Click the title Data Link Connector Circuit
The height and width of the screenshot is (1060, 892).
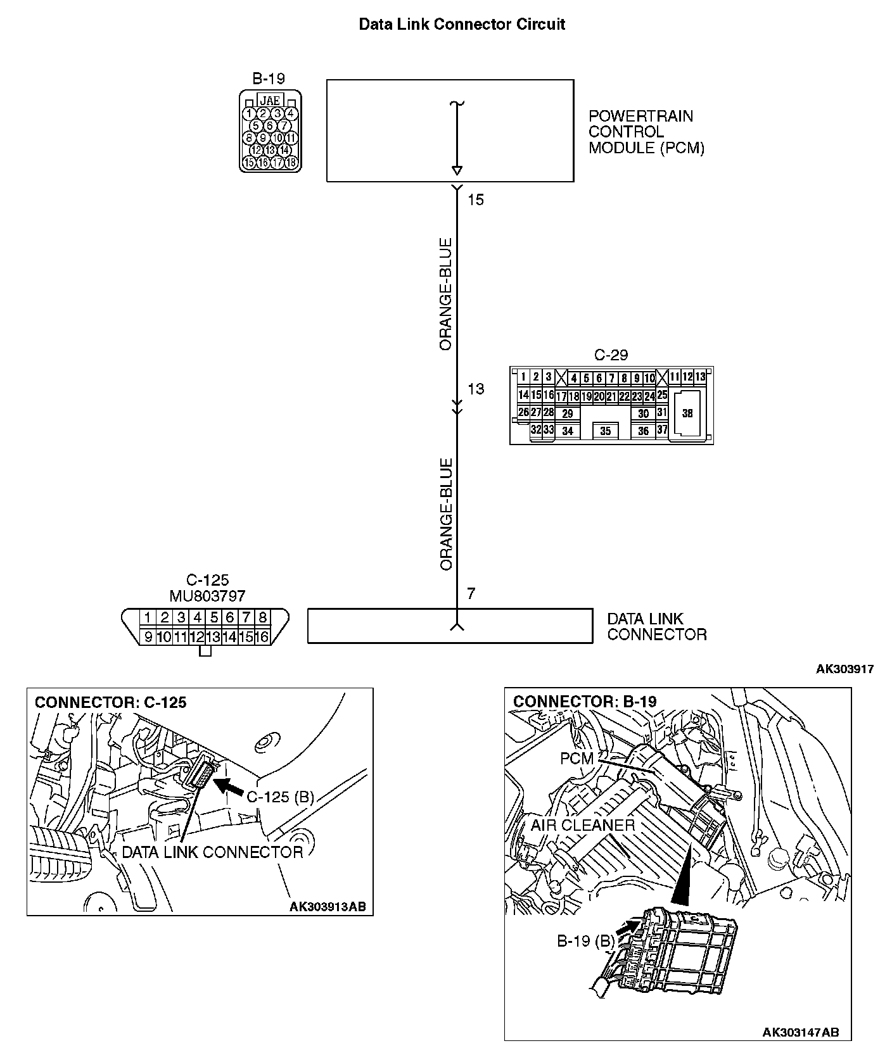[x=462, y=25]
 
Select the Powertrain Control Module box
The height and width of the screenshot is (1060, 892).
[x=450, y=130]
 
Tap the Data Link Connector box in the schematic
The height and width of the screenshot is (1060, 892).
[x=450, y=626]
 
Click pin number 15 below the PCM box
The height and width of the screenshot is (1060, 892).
[x=475, y=200]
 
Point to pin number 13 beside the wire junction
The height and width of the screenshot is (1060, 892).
[x=475, y=389]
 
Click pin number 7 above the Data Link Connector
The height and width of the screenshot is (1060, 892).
[x=471, y=594]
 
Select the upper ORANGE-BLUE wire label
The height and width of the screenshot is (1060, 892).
[x=446, y=294]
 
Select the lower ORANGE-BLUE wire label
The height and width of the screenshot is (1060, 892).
[x=446, y=514]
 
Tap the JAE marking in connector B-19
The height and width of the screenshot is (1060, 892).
[x=271, y=101]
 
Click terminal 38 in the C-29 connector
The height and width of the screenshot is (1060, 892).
[x=687, y=413]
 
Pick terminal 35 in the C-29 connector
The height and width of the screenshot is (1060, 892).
[x=605, y=431]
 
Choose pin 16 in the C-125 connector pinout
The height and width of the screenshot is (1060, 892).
[x=261, y=637]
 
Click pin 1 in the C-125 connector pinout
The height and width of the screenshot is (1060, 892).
[x=147, y=617]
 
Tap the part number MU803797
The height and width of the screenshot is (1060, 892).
[x=207, y=596]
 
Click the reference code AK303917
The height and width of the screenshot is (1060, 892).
[x=844, y=669]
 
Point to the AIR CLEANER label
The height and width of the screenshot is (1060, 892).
[x=582, y=825]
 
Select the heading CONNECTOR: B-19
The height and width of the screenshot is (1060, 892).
[x=585, y=702]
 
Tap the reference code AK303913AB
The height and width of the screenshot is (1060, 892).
[x=328, y=906]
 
